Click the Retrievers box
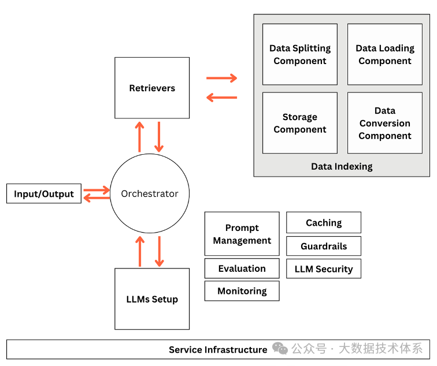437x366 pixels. coord(152,88)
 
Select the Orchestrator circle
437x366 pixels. coord(150,194)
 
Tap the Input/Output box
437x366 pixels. coord(44,194)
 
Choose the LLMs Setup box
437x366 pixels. coord(152,299)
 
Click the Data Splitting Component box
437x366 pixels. coord(300,54)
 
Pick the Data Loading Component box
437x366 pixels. coord(385,54)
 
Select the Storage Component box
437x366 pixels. coord(300,123)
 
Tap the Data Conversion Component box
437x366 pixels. coord(385,123)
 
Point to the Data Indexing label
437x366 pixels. coord(342,166)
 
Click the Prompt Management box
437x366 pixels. coord(242,234)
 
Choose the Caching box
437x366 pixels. coord(324,222)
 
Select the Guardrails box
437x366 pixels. coord(324,246)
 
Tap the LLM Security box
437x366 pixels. coord(324,268)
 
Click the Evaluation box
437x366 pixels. coord(242,268)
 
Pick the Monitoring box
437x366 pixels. coord(242,291)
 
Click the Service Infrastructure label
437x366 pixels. coord(218,349)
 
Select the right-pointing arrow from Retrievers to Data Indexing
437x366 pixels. coord(222,78)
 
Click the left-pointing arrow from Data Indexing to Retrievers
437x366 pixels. coord(222,98)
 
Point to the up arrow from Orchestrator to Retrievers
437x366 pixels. coord(139,137)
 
